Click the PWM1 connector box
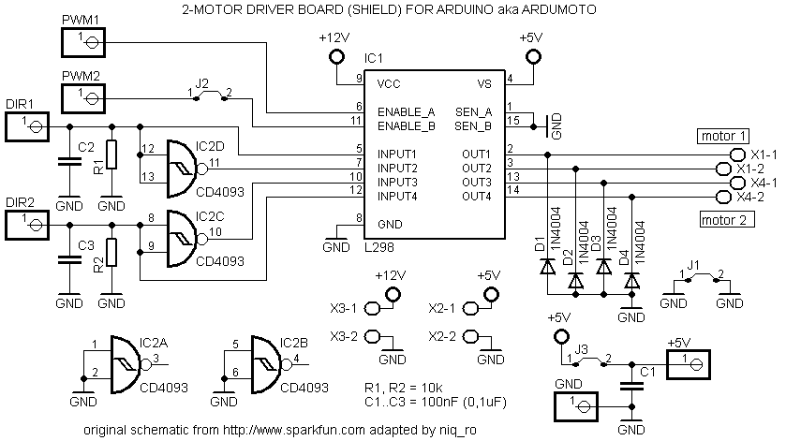[x=82, y=41]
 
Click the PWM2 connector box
[x=82, y=96]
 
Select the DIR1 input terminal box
[x=25, y=125]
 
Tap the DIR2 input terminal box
[x=25, y=225]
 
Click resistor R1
[x=111, y=154]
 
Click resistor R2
[x=111, y=253]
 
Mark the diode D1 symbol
[x=546, y=266]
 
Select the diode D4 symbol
[x=632, y=279]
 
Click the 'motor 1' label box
[x=723, y=135]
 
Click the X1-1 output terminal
[x=722, y=154]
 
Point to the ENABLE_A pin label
[x=407, y=111]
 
